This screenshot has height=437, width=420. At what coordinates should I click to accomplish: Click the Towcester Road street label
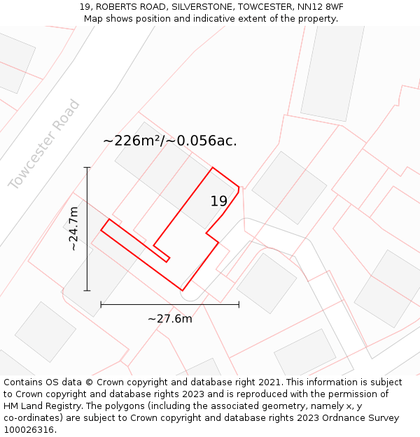pyautogui.click(x=45, y=145)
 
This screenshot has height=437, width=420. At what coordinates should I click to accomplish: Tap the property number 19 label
pyautogui.click(x=219, y=201)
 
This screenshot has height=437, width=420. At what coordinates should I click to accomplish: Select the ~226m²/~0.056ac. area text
pyautogui.click(x=170, y=141)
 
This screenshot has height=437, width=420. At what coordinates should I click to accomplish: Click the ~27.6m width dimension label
pyautogui.click(x=169, y=319)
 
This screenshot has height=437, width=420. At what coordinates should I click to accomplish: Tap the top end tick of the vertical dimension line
pyautogui.click(x=87, y=168)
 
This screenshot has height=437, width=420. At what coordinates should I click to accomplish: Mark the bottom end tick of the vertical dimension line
pyautogui.click(x=87, y=290)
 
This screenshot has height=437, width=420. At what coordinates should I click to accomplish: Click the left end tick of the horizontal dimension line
pyautogui.click(x=101, y=304)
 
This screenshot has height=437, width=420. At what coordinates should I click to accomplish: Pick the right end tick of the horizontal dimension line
pyautogui.click(x=239, y=304)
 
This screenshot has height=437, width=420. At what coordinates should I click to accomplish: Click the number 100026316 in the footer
pyautogui.click(x=29, y=430)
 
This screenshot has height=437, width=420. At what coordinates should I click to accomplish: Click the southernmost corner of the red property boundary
pyautogui.click(x=182, y=290)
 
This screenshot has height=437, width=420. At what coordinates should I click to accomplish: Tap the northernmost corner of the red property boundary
pyautogui.click(x=213, y=168)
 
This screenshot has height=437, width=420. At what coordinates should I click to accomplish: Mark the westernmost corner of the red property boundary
pyautogui.click(x=101, y=229)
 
